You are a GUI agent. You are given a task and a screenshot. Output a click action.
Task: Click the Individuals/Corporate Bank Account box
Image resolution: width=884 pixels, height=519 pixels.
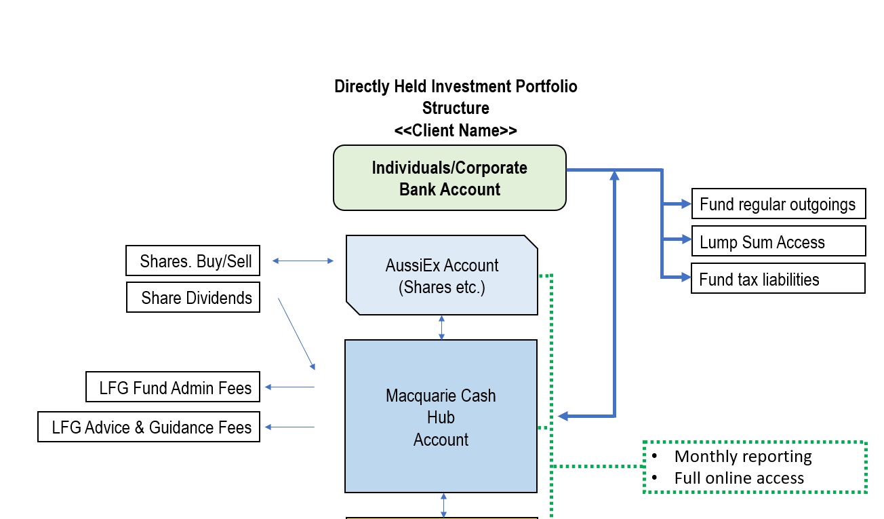(449, 178)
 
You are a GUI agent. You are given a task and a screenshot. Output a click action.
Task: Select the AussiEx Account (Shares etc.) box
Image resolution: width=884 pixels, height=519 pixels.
(441, 275)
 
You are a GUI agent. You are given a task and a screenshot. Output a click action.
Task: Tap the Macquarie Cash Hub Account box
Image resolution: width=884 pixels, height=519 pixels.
(441, 417)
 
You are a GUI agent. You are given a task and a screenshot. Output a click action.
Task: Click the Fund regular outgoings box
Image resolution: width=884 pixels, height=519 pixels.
(778, 204)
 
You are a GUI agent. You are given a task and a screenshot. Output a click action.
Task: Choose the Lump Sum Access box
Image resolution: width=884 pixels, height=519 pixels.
(778, 242)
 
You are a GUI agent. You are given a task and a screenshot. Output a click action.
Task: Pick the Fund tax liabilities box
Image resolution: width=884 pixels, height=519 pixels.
(778, 279)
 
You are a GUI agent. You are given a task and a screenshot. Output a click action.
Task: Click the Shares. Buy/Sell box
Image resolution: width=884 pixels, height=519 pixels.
(193, 261)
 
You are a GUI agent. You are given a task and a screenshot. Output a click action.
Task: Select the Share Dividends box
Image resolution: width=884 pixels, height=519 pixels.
(193, 298)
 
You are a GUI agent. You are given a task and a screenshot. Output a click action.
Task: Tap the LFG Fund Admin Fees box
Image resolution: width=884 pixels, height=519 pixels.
(174, 387)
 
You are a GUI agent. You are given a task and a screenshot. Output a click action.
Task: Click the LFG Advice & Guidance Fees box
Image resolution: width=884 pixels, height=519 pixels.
(149, 427)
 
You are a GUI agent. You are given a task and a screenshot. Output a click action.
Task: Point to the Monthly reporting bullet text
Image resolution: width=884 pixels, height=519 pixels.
(742, 457)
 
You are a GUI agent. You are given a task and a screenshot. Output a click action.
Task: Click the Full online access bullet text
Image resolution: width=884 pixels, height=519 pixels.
(738, 478)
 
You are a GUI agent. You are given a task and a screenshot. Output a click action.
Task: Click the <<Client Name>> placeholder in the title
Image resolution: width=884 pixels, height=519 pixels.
(456, 130)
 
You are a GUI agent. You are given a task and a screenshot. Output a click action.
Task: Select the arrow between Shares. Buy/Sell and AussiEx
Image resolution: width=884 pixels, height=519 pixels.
(303, 261)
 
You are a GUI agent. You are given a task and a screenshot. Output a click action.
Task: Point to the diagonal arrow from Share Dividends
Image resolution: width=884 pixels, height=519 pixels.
(297, 334)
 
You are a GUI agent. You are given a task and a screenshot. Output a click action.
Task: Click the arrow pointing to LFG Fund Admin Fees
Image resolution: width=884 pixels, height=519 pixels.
(289, 387)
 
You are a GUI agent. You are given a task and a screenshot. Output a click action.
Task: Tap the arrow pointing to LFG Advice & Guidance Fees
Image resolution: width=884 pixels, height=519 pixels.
(289, 427)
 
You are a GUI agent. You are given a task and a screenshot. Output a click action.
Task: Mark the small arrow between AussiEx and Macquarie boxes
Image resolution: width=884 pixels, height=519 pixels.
(442, 327)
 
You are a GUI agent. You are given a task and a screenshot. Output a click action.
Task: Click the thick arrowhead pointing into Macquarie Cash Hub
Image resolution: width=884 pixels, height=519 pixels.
(564, 416)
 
